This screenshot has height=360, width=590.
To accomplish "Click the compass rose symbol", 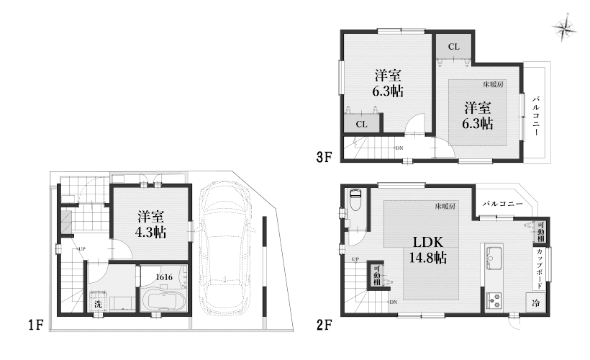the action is [564, 28].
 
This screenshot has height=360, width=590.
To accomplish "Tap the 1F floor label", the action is [36, 325].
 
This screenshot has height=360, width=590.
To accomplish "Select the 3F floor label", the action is [324, 157].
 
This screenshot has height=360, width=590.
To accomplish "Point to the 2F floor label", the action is [324, 325].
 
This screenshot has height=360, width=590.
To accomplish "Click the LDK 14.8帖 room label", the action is [428, 250].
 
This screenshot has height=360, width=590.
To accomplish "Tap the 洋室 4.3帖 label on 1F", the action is [150, 224].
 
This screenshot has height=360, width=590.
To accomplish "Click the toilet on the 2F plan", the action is [355, 202].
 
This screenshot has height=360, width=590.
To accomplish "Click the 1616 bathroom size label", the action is [164, 277].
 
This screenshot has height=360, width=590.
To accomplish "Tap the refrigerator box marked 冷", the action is [535, 303].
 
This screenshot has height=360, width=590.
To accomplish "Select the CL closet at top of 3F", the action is [454, 46].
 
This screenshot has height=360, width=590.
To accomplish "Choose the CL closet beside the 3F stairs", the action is [362, 124].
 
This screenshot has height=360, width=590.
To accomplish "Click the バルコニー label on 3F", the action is [536, 117].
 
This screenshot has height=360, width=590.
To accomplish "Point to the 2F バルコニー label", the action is [503, 204].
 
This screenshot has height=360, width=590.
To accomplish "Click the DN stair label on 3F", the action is [399, 148].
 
